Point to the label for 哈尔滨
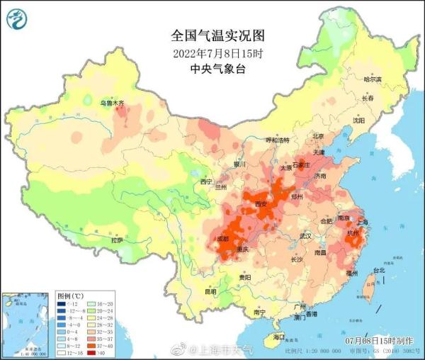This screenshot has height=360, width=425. [x=372, y=79]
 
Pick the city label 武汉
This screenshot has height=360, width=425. [x=305, y=235]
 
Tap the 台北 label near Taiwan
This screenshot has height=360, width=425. [x=378, y=270]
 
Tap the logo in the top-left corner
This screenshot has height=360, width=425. [x=15, y=18]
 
